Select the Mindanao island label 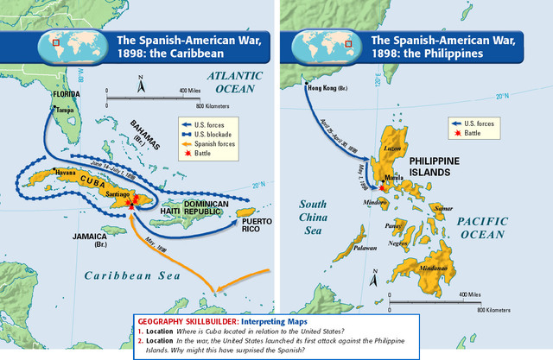pyautogui.click(x=485, y=269)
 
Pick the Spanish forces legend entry pyautogui.click(x=207, y=142)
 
